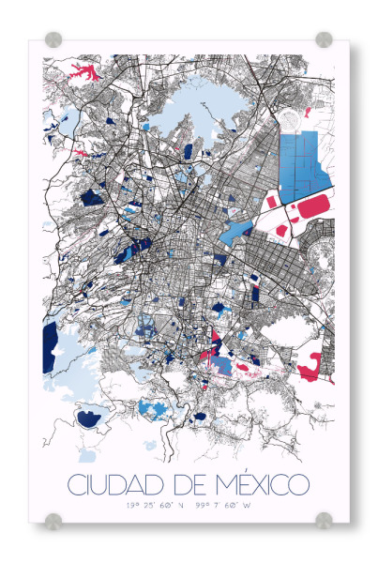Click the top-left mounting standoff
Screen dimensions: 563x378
coord(53,39)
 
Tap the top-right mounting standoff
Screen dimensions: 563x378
coord(324,39)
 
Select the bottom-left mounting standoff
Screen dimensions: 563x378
coord(53,519)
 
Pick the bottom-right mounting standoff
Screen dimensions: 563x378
coord(324,519)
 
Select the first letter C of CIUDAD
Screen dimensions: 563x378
coord(75,486)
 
